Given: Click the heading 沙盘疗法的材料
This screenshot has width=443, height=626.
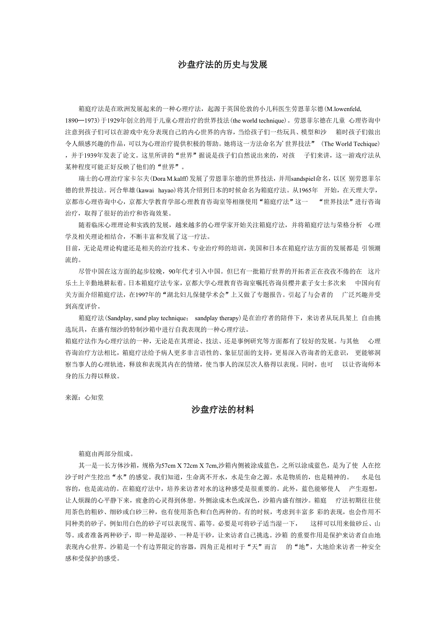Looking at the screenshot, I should (x=222, y=410).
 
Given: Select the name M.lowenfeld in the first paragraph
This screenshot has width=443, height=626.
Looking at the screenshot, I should (x=343, y=109).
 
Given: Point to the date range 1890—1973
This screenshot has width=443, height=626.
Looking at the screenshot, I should (x=81, y=120).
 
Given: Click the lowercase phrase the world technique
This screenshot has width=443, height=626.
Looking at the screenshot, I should (x=258, y=120).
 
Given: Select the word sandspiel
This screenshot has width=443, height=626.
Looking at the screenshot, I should (x=295, y=179).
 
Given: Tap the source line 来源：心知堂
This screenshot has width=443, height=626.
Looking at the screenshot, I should (x=84, y=397).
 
